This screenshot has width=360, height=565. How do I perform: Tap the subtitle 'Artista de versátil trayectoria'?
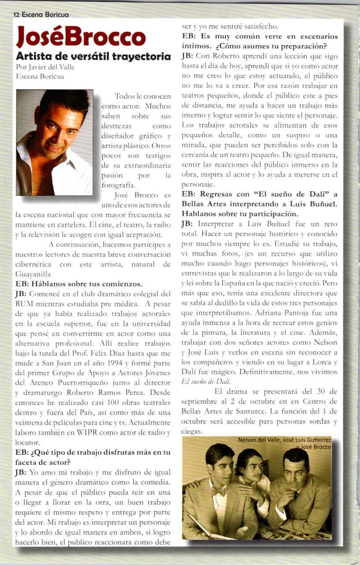tap(93, 56)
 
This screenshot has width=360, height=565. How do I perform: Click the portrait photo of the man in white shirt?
tap(54, 142)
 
